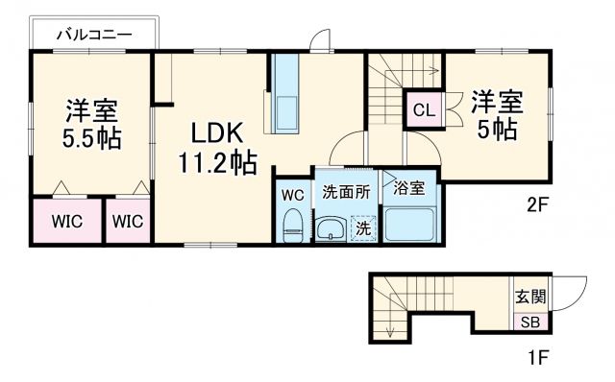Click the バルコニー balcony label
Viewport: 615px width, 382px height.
[93, 35]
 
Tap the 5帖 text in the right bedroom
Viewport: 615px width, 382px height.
[497, 130]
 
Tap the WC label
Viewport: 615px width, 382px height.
[293, 194]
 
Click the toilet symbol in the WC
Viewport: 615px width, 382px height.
[293, 226]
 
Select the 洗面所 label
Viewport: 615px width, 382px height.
[345, 190]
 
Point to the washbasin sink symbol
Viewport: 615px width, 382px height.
[332, 229]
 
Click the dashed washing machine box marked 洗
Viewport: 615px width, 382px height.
[363, 229]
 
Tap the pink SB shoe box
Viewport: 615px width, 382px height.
[529, 322]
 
